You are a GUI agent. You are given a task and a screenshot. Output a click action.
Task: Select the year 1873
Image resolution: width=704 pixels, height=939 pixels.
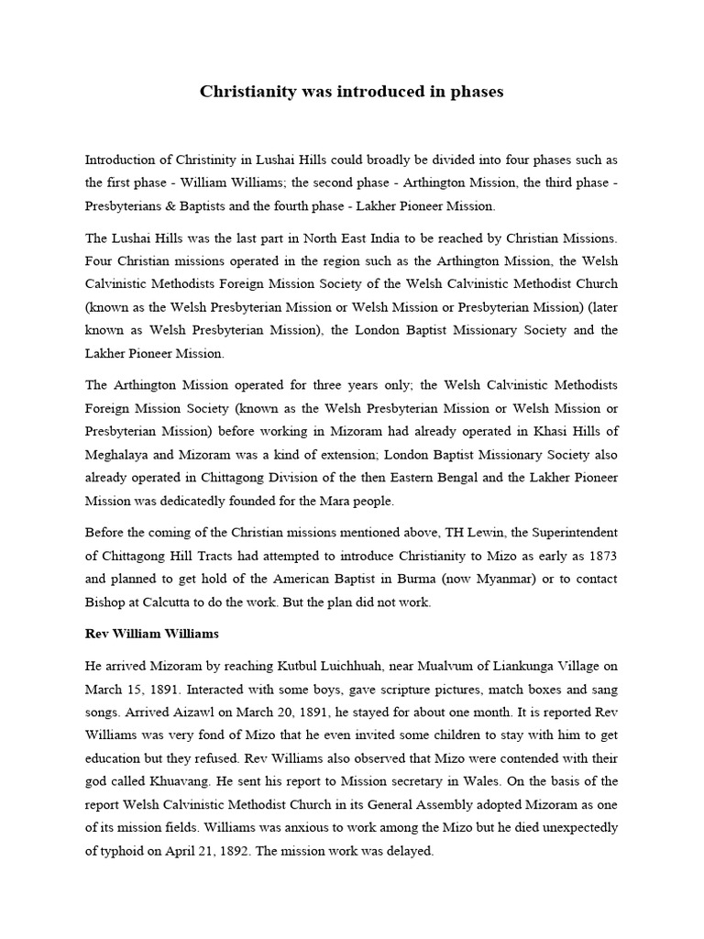point(597,556)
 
